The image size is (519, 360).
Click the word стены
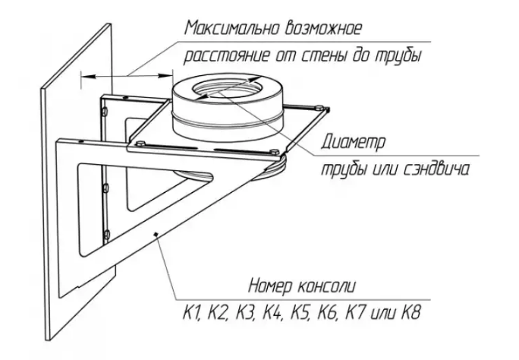pyautogui.click(x=331, y=56)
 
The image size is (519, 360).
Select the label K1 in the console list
pyautogui.click(x=192, y=312)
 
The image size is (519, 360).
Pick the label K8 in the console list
pyautogui.click(x=411, y=312)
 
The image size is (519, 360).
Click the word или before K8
pyautogui.click(x=384, y=314)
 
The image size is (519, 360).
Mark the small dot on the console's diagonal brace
pyautogui.click(x=156, y=234)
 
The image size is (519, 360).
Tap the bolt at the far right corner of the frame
pyautogui.click(x=319, y=107)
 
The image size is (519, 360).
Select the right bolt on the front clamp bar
pyautogui.click(x=275, y=152)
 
